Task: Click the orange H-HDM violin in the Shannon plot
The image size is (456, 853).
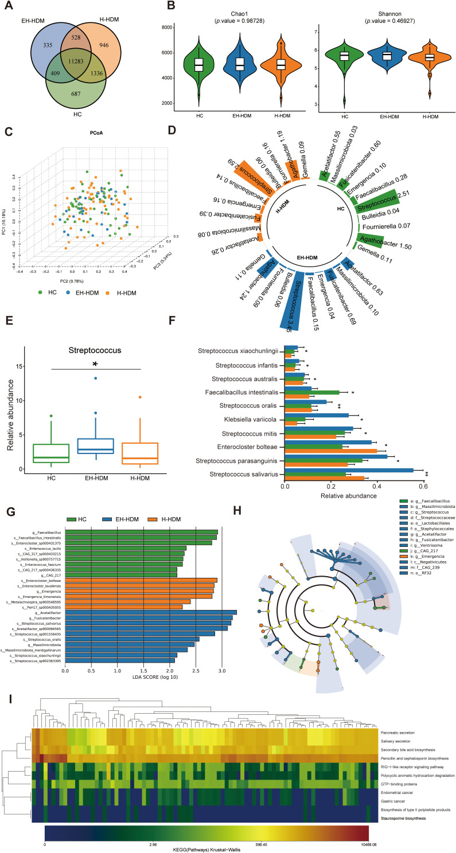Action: (429, 58)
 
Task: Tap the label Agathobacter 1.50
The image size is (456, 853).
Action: (388, 246)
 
